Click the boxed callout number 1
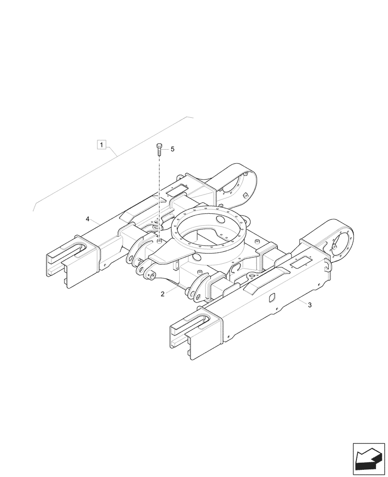click(102, 143)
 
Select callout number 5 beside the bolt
click(172, 149)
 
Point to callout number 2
click(162, 294)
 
